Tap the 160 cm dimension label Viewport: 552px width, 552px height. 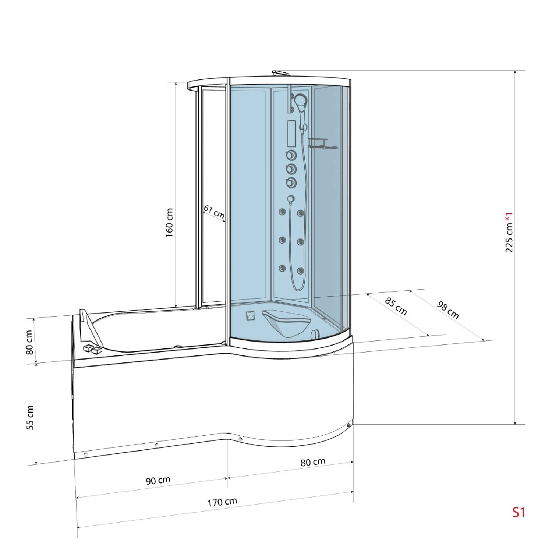coord(169,223)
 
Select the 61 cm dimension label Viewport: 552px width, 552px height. coord(214,212)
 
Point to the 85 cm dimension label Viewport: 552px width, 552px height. coord(396,307)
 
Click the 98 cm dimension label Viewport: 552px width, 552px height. coord(448,310)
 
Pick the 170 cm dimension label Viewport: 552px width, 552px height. coord(222,502)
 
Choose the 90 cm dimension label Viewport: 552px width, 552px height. coord(158,480)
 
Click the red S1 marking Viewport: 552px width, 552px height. coord(519,512)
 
